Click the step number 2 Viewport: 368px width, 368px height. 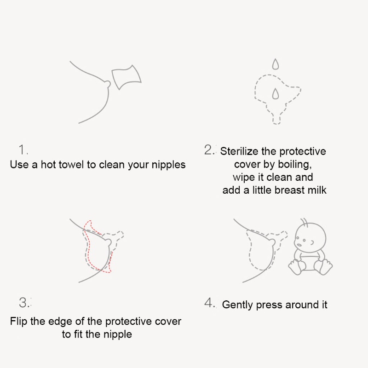point(208,149)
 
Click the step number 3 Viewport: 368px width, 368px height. point(24,302)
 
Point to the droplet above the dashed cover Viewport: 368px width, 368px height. point(276,64)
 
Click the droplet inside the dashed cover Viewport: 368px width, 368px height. point(276,93)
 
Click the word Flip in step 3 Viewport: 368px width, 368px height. point(19,321)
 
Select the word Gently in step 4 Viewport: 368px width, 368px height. point(237,305)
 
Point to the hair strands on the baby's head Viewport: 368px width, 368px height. point(304,222)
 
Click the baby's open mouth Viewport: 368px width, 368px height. point(299,245)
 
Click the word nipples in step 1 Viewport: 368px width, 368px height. point(168,165)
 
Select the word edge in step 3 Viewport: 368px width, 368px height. point(60,322)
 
